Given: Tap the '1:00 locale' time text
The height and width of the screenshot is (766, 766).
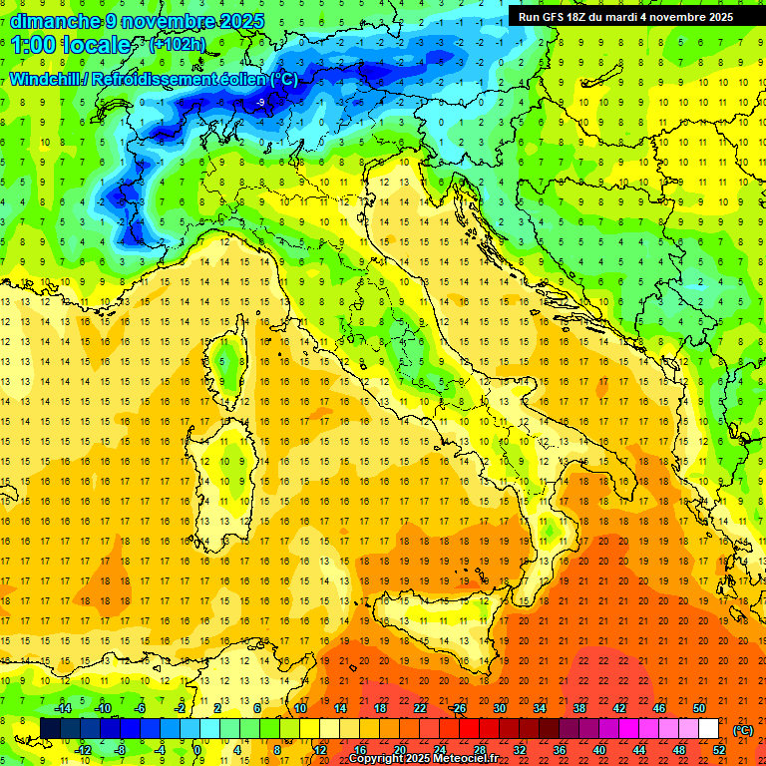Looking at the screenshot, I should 71,45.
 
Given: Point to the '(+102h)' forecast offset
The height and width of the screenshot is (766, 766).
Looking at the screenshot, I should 179,45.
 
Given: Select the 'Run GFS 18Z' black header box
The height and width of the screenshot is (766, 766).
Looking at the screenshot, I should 625,16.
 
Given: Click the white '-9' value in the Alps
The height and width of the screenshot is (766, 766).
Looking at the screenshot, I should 260,103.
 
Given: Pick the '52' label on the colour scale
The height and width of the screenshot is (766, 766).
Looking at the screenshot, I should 718,750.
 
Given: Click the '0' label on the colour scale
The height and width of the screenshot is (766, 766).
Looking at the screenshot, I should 197,750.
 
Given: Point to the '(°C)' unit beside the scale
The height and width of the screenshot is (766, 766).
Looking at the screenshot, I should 743,729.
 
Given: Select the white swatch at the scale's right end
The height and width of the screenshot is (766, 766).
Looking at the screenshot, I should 708,729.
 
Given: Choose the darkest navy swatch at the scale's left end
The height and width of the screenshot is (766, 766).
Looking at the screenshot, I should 50,729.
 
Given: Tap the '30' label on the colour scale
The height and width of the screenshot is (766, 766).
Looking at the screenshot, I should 499,707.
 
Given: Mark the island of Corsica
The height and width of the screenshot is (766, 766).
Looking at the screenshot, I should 227,365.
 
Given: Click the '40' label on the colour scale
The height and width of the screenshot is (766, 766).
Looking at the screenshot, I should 599,750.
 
